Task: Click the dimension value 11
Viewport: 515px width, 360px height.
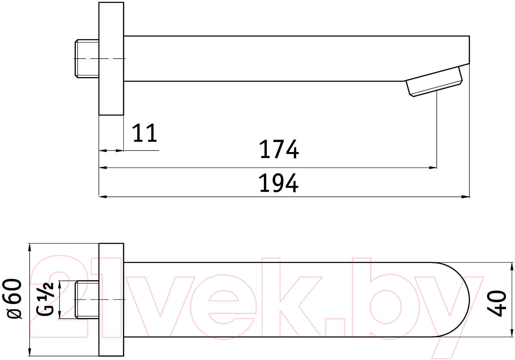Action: (145, 133)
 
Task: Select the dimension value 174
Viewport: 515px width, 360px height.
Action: (279, 149)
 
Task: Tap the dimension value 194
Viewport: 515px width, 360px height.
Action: (279, 183)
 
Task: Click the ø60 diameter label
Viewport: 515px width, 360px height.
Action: (14, 299)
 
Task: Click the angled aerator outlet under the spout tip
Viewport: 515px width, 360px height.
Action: (434, 81)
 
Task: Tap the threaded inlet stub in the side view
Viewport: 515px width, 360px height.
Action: (87, 59)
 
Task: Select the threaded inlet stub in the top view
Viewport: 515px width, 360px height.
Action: (87, 300)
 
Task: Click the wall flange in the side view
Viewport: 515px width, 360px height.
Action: (111, 58)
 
